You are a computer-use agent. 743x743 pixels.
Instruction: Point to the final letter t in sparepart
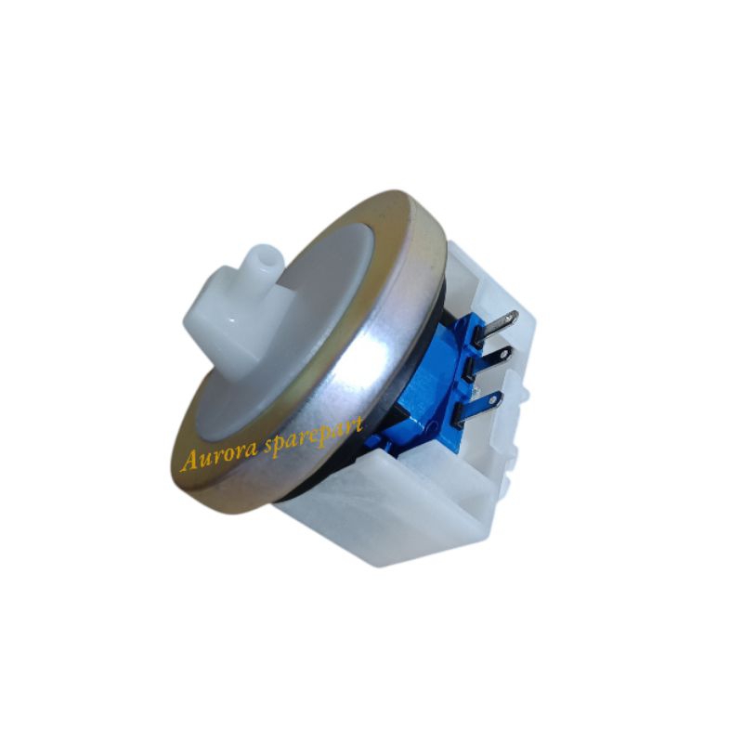pyautogui.click(x=359, y=423)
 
